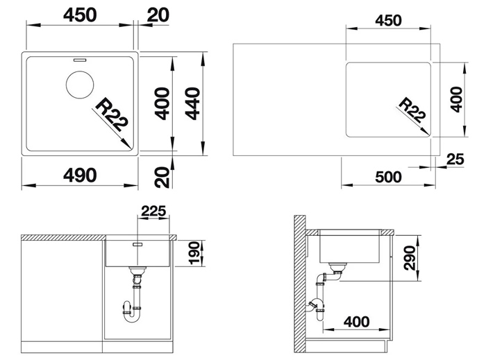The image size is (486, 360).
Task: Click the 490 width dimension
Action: [80, 175]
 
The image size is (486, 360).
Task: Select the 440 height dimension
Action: [192, 103]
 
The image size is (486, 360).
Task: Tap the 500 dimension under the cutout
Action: [388, 177]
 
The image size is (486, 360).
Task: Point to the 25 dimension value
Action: [455, 159]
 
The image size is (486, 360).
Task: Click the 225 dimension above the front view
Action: [153, 211]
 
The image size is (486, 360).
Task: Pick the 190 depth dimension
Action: [194, 253]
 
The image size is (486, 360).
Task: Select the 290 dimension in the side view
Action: [410, 258]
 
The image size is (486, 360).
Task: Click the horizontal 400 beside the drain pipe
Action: [356, 322]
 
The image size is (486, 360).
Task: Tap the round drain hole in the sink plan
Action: [80, 85]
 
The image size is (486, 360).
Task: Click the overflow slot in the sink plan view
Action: [80, 60]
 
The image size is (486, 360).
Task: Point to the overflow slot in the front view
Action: [137, 245]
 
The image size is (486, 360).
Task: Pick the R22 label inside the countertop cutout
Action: [412, 110]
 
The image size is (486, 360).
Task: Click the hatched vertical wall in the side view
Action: [299, 284]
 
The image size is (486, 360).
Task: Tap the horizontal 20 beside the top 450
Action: [158, 15]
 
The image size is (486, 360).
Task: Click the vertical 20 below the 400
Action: [162, 177]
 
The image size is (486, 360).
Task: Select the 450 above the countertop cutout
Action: [388, 21]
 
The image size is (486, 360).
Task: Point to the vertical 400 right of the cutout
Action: [456, 99]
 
